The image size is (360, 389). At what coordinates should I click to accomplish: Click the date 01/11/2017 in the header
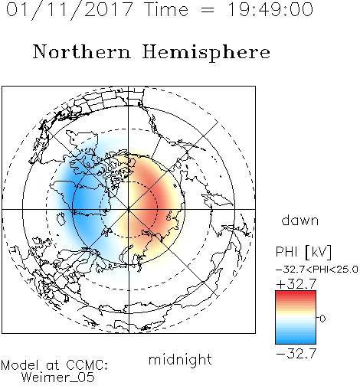tap(70, 10)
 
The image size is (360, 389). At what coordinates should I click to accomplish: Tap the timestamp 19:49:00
tap(270, 9)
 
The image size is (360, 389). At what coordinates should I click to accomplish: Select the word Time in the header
tap(166, 9)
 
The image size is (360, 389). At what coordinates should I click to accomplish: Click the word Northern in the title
tap(82, 51)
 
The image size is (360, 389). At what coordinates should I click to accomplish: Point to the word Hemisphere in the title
tap(206, 53)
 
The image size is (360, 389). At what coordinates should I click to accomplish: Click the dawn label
tap(300, 220)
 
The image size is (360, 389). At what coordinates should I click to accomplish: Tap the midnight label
tap(180, 359)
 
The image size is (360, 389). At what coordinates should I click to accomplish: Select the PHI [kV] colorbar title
tap(303, 252)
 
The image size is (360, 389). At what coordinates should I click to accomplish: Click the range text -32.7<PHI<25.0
tap(316, 270)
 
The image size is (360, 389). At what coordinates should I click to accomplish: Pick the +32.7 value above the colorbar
tap(296, 284)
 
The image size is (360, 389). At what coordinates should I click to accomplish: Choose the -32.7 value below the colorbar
tap(296, 354)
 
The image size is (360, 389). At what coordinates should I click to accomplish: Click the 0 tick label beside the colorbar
tap(322, 319)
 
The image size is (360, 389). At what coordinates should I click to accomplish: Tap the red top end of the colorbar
tap(296, 293)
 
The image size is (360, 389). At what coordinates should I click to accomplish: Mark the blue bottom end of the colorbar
tap(296, 342)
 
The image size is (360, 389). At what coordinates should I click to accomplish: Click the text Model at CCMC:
tap(54, 365)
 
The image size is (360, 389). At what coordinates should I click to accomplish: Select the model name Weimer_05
tap(57, 378)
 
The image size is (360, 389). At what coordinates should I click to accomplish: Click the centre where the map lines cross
tap(129, 209)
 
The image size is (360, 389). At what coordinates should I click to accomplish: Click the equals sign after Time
tap(208, 10)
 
